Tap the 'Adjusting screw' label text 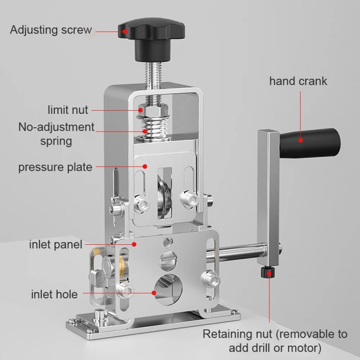51,30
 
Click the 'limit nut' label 68,109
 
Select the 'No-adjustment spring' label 56,134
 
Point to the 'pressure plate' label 55,167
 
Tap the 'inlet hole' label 54,293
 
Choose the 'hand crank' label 298,81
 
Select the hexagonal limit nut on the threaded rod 153,110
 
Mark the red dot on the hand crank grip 300,141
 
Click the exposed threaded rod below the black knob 154,77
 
